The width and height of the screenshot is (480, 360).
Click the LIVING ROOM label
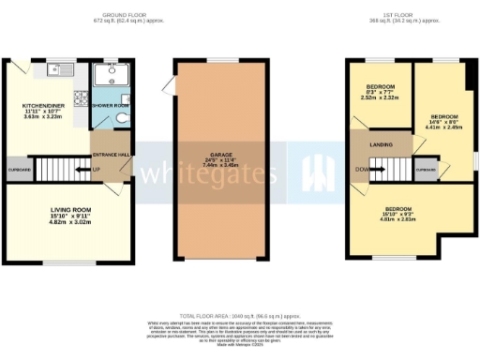point(70,212)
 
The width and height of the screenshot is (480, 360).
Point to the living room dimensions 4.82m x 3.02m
point(70,225)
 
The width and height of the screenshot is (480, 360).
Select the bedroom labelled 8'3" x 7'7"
point(379,90)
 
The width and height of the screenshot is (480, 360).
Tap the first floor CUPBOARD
point(426,170)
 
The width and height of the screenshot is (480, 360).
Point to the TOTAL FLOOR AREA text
point(239,317)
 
